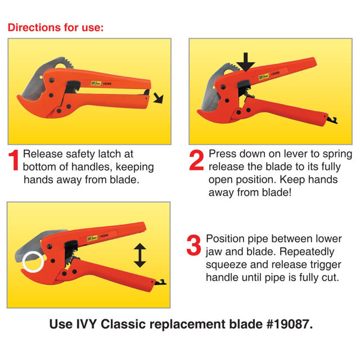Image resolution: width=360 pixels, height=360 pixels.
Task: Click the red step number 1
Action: click(14, 160)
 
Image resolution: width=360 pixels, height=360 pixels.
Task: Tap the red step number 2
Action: click(196, 160)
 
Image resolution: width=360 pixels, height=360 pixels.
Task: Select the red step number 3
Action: click(193, 245)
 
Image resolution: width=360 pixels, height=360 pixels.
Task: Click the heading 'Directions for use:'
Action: click(56, 28)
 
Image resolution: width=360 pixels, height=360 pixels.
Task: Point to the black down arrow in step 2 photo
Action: click(246, 62)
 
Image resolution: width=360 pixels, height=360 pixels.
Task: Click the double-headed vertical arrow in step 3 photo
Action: click(140, 255)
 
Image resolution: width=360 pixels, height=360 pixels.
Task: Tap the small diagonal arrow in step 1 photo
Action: click(159, 98)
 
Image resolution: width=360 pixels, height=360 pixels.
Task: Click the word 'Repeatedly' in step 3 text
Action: click(307, 252)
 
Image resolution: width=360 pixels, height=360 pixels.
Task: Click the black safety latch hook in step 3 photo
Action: click(160, 282)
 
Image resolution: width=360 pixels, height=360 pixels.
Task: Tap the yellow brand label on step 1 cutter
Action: click(96, 84)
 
